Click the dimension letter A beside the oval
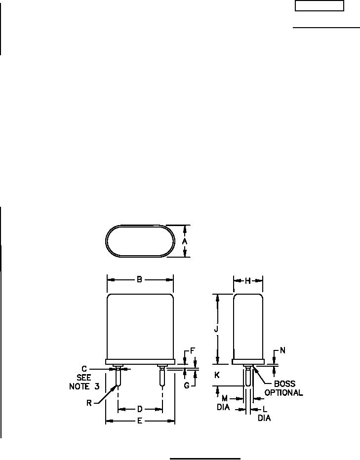[185, 241]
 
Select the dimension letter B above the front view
[140, 279]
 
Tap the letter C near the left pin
[84, 369]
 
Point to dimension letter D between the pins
[140, 409]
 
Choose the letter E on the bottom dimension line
[140, 422]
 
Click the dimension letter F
[193, 350]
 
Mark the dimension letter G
[187, 385]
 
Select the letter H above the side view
[248, 281]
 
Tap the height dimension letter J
[216, 329]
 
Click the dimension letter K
[217, 375]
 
